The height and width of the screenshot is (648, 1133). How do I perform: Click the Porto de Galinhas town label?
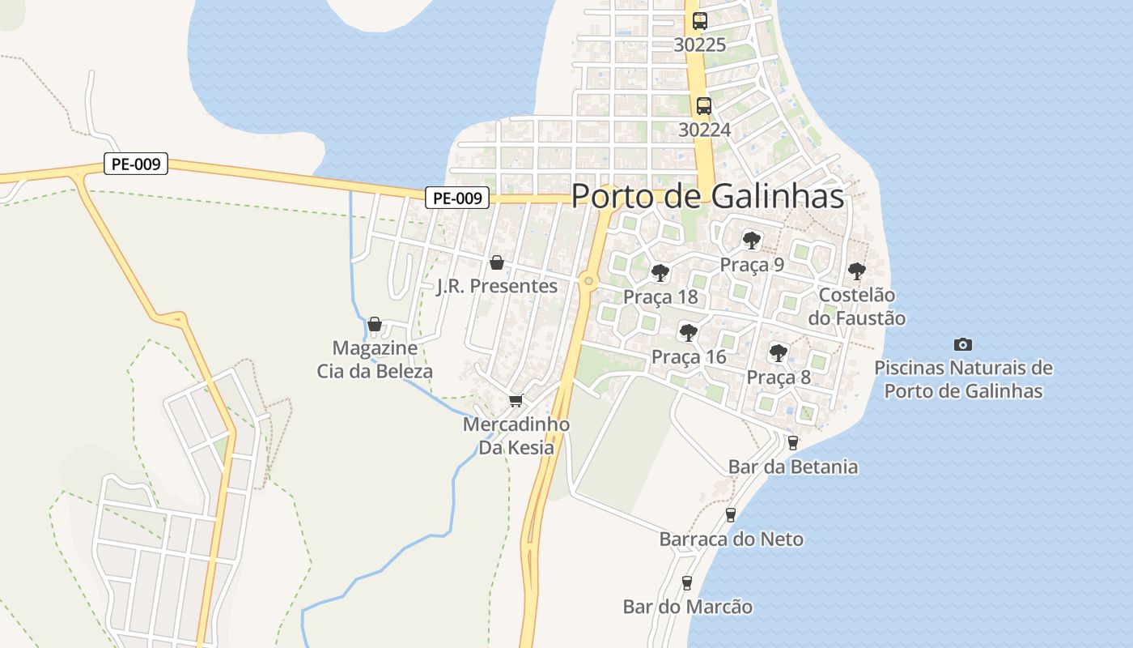point(707,196)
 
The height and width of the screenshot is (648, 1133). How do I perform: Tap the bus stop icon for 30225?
point(700,22)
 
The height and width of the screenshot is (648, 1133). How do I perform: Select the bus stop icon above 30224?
point(704,106)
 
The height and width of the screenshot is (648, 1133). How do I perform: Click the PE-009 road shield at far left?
point(136,164)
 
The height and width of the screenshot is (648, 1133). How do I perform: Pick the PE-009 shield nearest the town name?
point(458,197)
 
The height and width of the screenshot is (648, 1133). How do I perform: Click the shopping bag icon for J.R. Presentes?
point(497,262)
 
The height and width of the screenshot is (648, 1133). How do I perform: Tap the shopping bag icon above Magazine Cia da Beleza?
point(374,325)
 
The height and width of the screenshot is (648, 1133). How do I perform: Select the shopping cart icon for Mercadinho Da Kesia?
point(516,400)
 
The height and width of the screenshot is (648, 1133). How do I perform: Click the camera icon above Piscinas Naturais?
point(963,344)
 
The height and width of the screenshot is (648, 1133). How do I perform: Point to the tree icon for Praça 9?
point(752,240)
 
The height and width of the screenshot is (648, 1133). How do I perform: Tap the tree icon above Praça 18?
point(660,272)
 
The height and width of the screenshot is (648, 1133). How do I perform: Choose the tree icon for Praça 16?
point(688,332)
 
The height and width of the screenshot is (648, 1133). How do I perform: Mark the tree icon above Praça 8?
point(778,352)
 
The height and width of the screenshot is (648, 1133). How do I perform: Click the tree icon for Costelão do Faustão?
point(856,271)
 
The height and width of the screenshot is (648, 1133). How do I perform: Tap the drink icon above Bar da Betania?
point(793,442)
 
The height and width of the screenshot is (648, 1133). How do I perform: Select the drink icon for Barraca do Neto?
point(731,514)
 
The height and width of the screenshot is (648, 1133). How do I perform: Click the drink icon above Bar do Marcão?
point(687,582)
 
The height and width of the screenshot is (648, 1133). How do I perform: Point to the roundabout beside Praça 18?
point(588,281)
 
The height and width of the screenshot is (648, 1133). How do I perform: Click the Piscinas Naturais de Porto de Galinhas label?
point(963,380)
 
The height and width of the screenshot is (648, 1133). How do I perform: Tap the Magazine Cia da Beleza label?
point(375,360)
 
